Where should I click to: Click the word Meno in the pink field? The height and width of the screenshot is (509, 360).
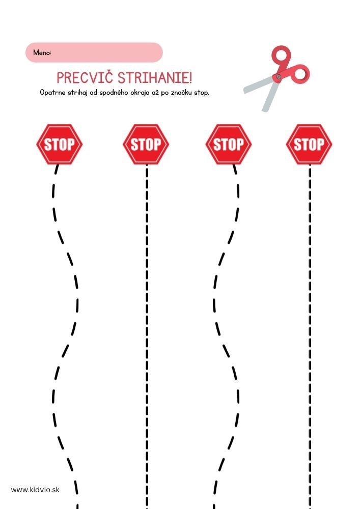pos(42,52)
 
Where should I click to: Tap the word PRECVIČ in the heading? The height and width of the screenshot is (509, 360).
pos(85,78)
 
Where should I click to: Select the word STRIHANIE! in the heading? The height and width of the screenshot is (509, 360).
pos(154,78)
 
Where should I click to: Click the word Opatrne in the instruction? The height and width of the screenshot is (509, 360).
pos(52,93)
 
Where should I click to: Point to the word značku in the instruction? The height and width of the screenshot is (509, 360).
pos(182,93)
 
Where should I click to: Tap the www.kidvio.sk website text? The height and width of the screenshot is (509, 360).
pos(35,490)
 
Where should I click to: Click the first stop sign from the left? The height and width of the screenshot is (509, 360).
pos(60,144)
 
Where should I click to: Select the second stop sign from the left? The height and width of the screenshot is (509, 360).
pos(146,144)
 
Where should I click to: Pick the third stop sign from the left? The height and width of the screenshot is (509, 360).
pos(229,144)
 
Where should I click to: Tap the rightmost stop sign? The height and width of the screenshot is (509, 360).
pos(309,144)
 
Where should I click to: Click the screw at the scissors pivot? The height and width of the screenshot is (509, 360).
pos(279,77)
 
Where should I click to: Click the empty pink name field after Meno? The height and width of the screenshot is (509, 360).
pos(106,52)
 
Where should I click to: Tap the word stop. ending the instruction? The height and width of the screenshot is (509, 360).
pos(201,93)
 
